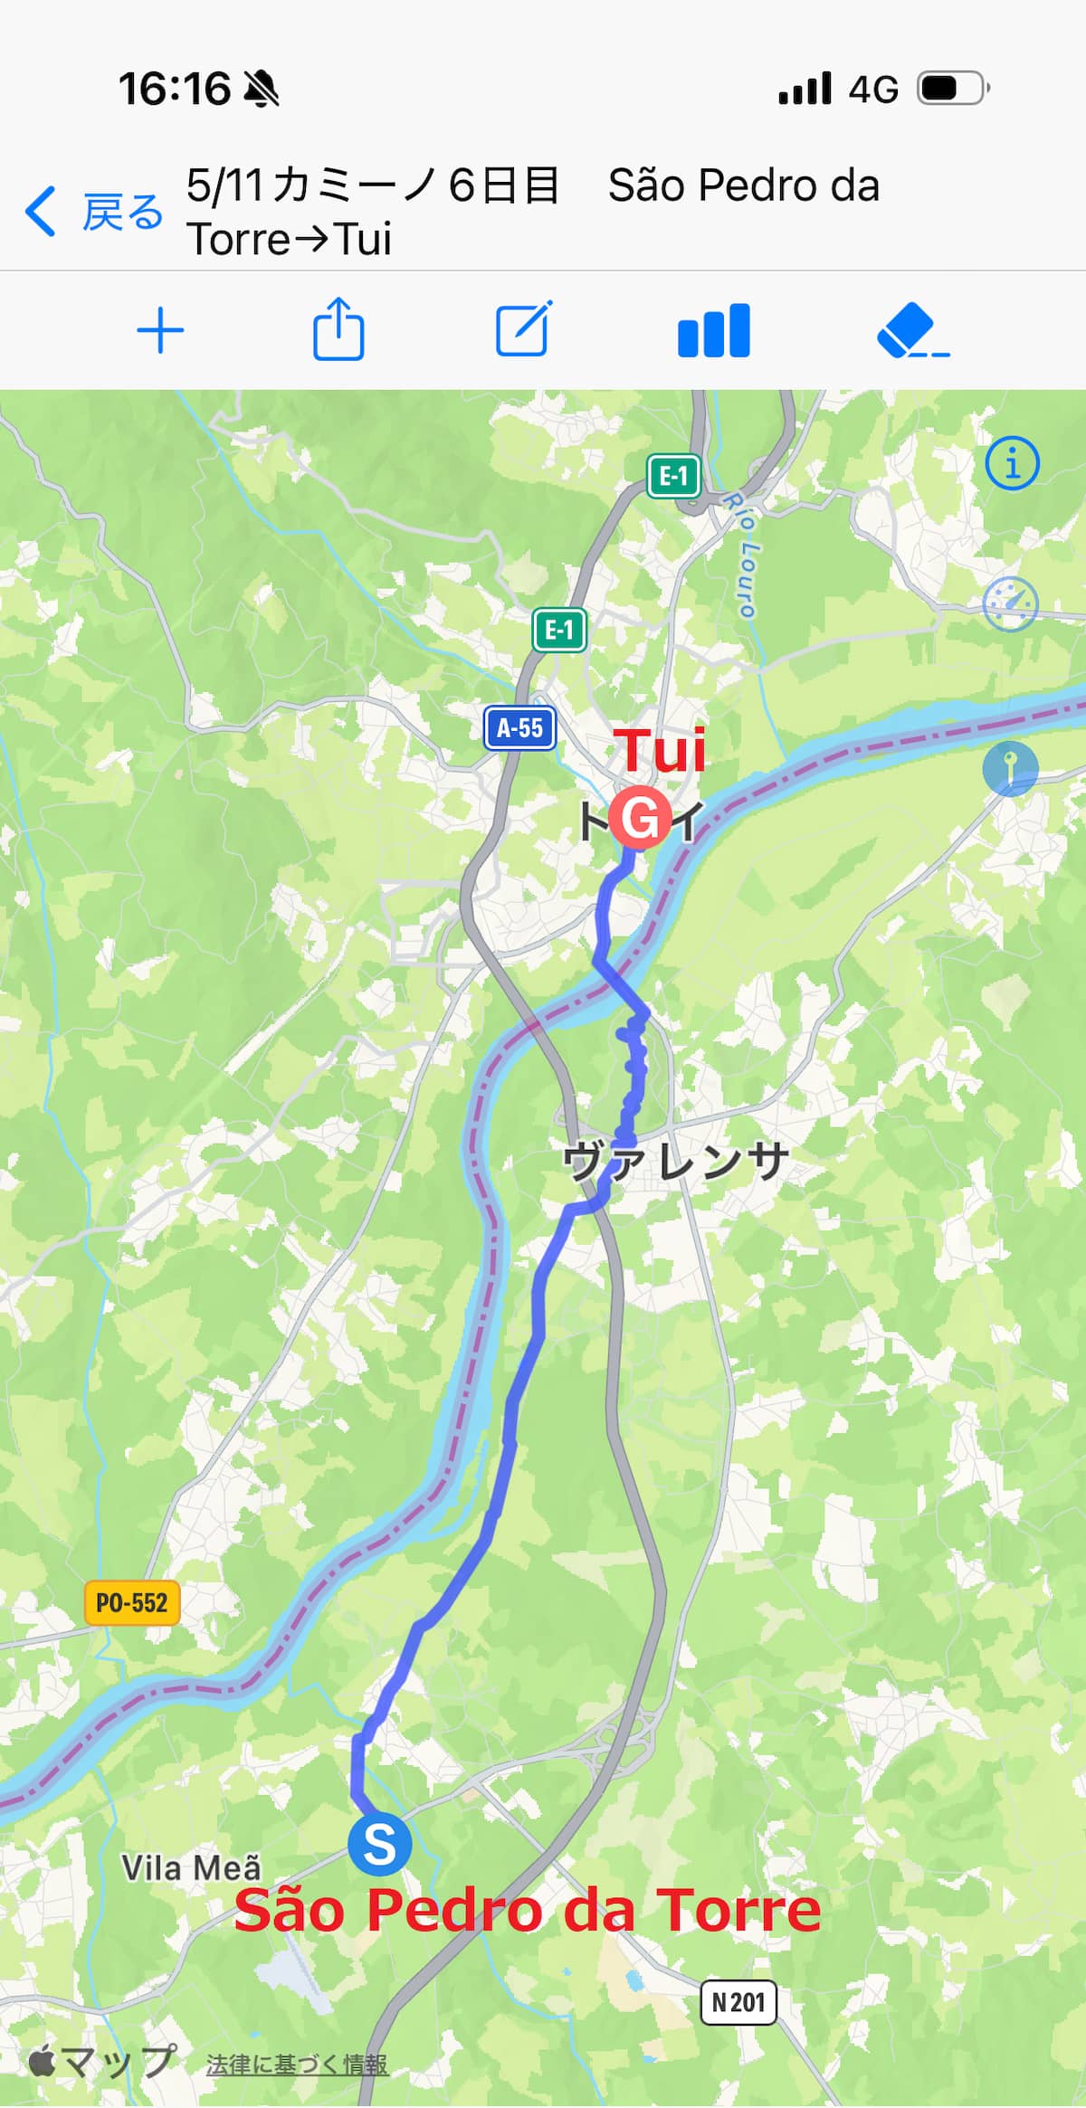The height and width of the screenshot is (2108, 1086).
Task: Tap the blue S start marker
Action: point(380,1845)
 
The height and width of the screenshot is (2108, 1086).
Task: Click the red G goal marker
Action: point(640,818)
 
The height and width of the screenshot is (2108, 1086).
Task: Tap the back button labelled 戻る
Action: point(94,212)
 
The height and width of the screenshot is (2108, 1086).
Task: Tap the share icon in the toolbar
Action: point(338,329)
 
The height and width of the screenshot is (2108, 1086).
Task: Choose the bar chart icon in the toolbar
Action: point(714,330)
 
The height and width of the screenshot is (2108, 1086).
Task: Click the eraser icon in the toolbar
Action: point(911,330)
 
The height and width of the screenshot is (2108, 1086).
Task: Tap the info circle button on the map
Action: point(1012,464)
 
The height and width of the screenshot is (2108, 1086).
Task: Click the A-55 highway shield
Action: point(519,727)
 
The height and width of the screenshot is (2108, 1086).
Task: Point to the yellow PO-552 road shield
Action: point(132,1603)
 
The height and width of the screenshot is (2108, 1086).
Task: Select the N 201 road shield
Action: point(738,2002)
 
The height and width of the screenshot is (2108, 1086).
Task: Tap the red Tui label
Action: point(662,751)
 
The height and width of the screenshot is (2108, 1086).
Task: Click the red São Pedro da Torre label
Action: point(528,1909)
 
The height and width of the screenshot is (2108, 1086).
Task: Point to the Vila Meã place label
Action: point(191,1867)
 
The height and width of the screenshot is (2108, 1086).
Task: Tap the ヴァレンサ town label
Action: point(675,1161)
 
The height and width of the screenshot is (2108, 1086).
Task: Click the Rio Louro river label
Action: point(741,555)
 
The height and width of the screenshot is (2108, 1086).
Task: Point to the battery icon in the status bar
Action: point(953,89)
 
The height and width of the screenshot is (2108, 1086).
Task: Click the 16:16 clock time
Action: point(175,89)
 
